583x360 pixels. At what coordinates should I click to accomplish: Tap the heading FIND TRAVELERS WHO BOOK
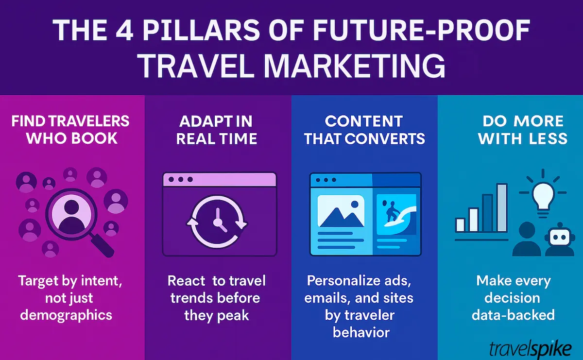[x=71, y=130]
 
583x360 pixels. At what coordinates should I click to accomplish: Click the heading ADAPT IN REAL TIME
[x=217, y=130]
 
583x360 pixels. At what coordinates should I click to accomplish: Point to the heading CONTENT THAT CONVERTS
[x=364, y=130]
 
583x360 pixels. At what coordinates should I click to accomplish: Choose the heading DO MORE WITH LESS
[x=522, y=130]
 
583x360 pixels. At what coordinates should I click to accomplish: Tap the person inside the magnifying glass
[x=71, y=214]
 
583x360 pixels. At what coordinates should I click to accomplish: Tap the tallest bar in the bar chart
[x=501, y=208]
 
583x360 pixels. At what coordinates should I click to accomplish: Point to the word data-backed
[x=513, y=314]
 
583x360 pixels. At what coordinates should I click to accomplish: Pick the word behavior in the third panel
[x=361, y=332]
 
